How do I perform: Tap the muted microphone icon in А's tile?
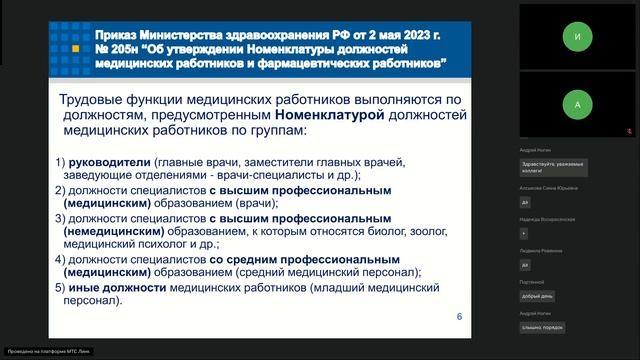coord(627,130)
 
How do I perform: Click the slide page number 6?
coord(459,317)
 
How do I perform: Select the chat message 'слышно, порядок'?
coord(542,327)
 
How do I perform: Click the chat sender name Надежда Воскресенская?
coord(547,218)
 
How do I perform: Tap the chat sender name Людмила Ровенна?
coord(539,250)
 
